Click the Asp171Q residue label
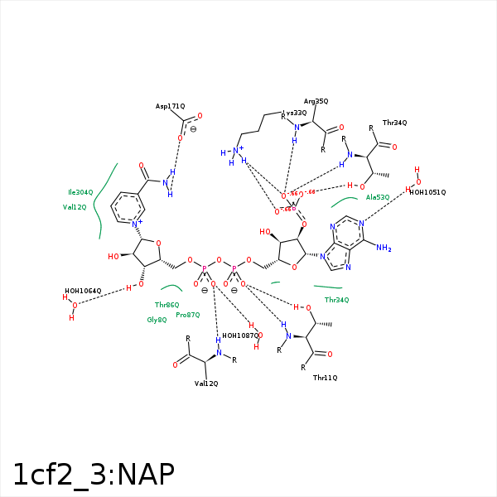click(x=171, y=107)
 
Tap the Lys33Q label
click(x=294, y=113)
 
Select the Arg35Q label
click(x=316, y=101)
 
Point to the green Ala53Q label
click(x=378, y=197)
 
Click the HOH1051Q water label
click(x=427, y=192)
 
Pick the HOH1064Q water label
click(x=83, y=292)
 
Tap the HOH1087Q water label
click(x=240, y=335)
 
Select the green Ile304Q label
click(x=80, y=192)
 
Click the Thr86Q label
click(x=166, y=305)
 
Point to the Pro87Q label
click(x=188, y=315)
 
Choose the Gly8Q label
click(x=157, y=320)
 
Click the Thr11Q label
click(x=325, y=378)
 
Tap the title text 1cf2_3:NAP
click(x=94, y=475)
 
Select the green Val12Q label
click(x=75, y=207)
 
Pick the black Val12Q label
click(x=206, y=384)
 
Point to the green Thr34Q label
click(x=336, y=300)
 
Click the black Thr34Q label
click(x=394, y=123)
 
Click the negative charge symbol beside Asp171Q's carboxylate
click(x=193, y=129)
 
